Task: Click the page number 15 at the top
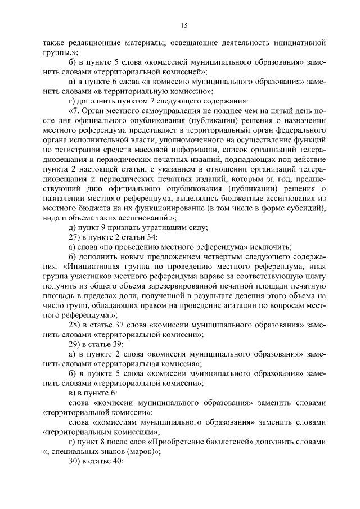[x=184, y=25]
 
